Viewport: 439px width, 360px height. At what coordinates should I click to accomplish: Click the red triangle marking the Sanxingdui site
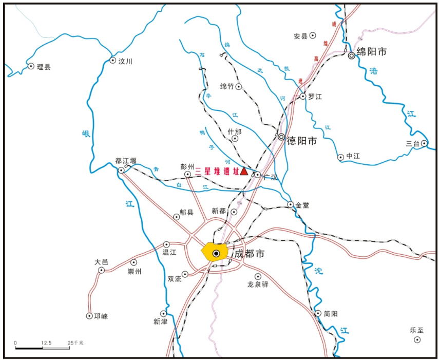tap(244, 172)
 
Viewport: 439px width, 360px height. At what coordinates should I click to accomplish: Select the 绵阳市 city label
tap(371, 52)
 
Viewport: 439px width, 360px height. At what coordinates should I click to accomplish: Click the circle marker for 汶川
tap(113, 61)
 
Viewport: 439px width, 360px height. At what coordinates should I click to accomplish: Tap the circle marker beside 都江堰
tap(121, 170)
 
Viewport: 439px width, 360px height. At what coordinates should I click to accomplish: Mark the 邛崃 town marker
tap(90, 316)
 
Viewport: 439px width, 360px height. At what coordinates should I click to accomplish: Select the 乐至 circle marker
tap(417, 340)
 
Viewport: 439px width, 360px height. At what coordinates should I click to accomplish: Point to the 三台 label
tap(412, 144)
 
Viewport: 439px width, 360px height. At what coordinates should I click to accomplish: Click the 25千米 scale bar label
tap(75, 342)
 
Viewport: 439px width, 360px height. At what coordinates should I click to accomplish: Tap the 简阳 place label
tap(331, 314)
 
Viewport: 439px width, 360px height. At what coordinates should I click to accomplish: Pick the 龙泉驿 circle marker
tap(258, 276)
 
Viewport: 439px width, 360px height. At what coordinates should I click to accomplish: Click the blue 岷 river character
tap(86, 134)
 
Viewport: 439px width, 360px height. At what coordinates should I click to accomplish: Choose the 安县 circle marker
tap(312, 35)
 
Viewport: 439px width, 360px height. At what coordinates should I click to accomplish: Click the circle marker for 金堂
tap(290, 204)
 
